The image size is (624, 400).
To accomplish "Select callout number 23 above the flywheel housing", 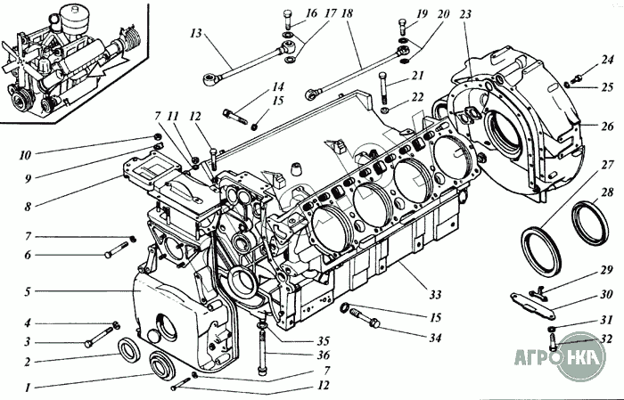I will [x=465, y=13].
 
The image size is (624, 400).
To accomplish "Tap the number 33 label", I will [x=436, y=270].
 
